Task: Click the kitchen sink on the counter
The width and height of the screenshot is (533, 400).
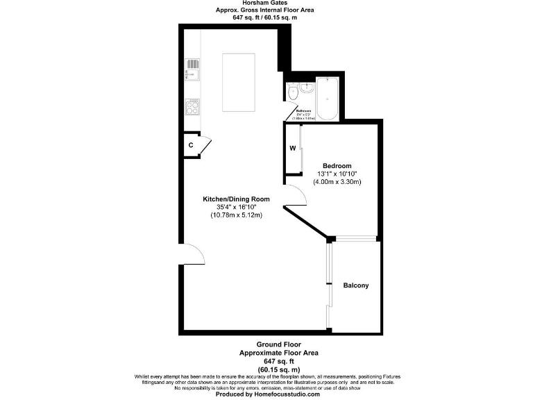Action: pyautogui.click(x=192, y=69)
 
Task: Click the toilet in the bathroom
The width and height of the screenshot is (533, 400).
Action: pyautogui.click(x=293, y=92)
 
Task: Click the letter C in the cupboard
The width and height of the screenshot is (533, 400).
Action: pyautogui.click(x=191, y=146)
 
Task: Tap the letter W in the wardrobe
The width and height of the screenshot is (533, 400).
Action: pyautogui.click(x=293, y=148)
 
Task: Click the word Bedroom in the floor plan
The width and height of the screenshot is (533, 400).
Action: pyautogui.click(x=337, y=166)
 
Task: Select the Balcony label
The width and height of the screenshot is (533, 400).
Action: pyautogui.click(x=355, y=285)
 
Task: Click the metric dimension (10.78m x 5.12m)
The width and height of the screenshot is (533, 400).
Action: pyautogui.click(x=236, y=215)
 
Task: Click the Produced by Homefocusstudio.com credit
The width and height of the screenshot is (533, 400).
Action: pyautogui.click(x=267, y=394)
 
